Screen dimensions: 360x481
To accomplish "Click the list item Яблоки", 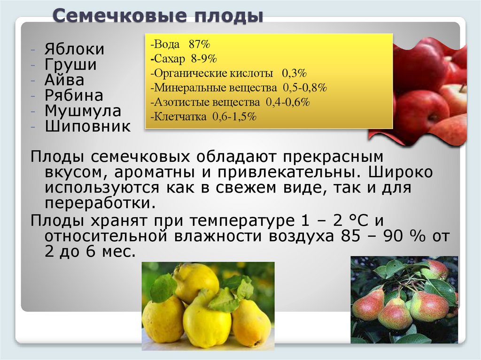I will tap(75, 50).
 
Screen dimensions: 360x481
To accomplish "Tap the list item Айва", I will tap(64, 80).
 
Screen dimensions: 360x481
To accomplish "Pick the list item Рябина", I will tap(74, 96).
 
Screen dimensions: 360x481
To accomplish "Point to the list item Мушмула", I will tap(83, 111).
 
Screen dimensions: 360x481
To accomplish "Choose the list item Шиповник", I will tap(88, 127).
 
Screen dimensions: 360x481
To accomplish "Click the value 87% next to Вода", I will tap(200, 45).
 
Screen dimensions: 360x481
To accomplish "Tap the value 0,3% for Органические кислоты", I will tap(294, 74).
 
